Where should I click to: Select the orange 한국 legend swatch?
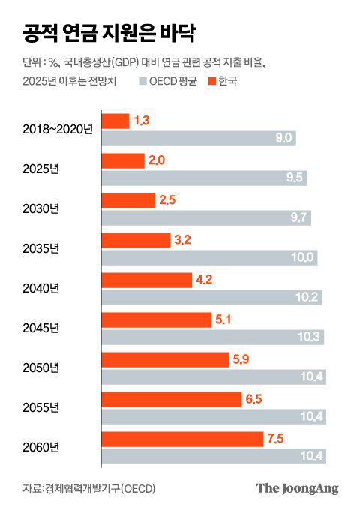tap(211, 81)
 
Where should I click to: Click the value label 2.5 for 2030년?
tap(166, 201)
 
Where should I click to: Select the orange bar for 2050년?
tap(164, 360)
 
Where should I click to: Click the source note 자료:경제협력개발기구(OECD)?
tap(88, 488)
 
